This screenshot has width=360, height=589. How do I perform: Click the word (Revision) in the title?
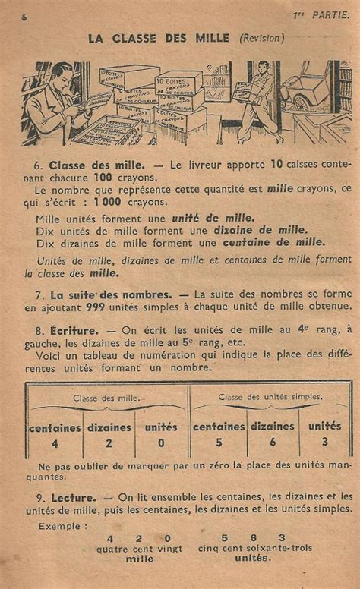[262, 37]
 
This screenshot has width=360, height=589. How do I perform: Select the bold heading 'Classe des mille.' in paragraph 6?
[96, 164]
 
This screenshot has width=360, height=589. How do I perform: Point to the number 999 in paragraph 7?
[108, 306]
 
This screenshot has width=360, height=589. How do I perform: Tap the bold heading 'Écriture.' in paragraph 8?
[74, 330]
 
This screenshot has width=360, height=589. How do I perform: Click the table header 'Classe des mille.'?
[106, 397]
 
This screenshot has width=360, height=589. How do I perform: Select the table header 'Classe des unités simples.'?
[270, 396]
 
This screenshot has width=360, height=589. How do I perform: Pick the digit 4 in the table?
[55, 443]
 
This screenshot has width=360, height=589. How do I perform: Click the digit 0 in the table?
[161, 443]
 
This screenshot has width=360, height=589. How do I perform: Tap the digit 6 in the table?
[272, 443]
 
